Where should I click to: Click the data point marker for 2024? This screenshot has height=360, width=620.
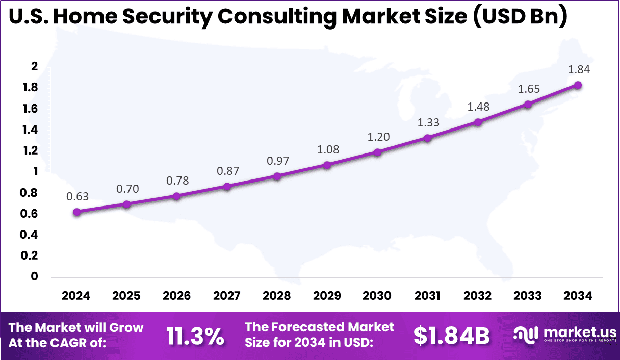pos(76,212)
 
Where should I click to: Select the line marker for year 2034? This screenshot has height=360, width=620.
pos(578,85)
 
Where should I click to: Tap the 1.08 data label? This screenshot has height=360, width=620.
pos(327,150)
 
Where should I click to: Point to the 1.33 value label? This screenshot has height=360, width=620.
pos(427,122)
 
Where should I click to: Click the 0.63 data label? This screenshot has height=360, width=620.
pos(76,197)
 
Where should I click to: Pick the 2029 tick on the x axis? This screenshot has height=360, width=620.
pos(327,296)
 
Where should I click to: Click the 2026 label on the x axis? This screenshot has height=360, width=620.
pos(177,296)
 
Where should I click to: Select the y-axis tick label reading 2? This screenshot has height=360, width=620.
pos(35,66)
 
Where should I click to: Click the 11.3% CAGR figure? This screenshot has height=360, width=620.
pos(195,336)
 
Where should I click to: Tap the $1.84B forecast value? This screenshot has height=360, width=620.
pos(451,336)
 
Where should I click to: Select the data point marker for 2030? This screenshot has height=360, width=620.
pos(377,152)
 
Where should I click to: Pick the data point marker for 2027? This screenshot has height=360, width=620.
pos(227,187)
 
